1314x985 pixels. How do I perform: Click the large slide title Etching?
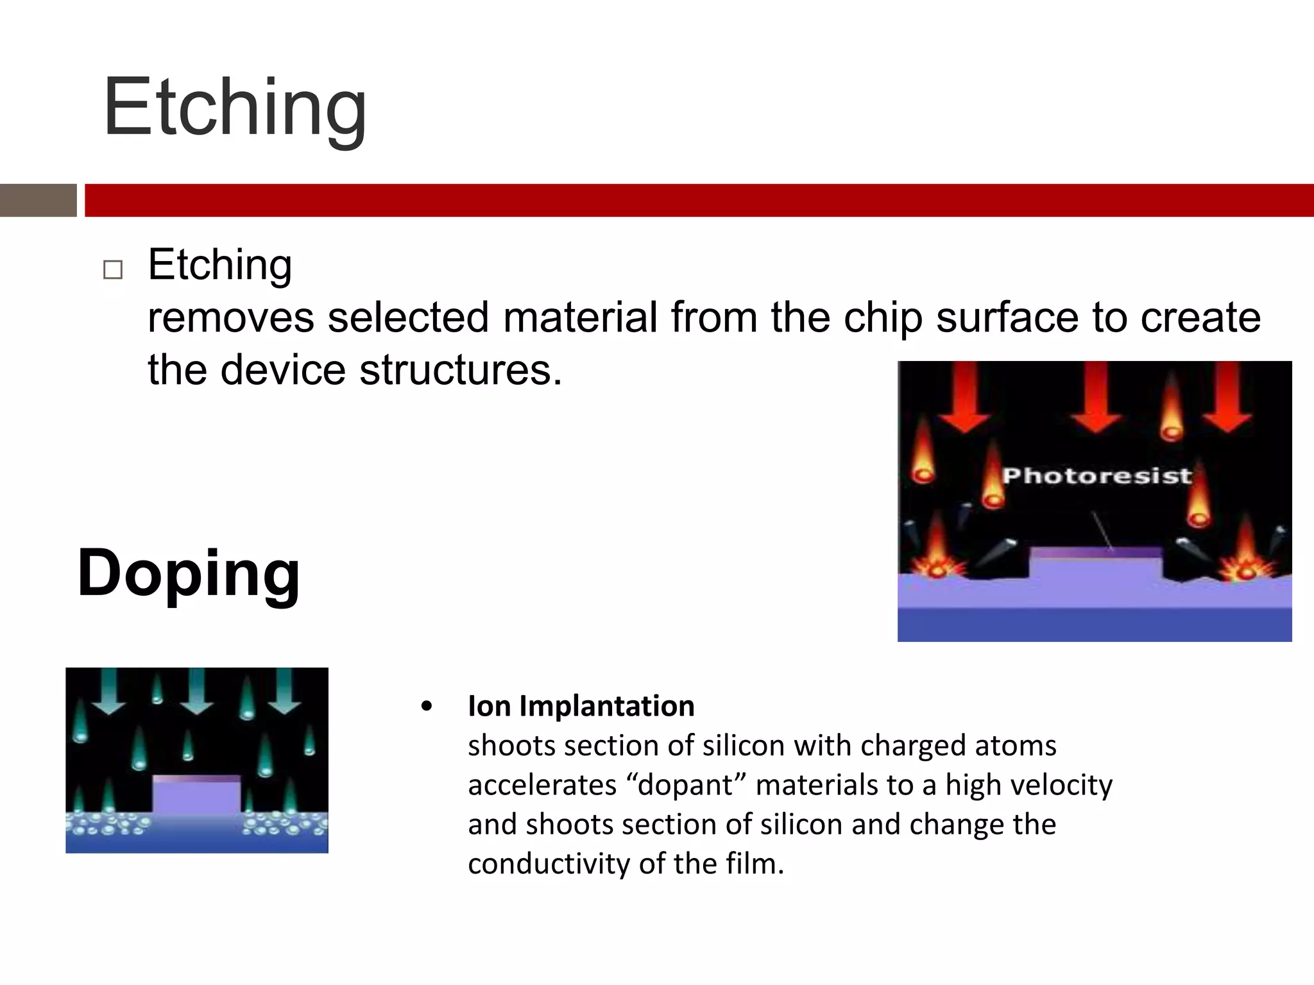tap(235, 108)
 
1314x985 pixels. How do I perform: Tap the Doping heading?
tap(189, 573)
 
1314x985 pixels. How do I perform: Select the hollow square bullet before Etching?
tap(113, 270)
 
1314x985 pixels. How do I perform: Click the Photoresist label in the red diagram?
tap(1096, 476)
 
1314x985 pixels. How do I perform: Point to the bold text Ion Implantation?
tap(581, 706)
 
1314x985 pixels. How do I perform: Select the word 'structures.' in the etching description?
tap(461, 371)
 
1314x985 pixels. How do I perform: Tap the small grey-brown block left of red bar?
tap(38, 200)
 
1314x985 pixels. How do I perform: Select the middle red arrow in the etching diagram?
tap(1096, 398)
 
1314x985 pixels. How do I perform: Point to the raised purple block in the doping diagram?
tap(196, 795)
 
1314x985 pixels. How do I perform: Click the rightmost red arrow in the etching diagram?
tap(1227, 398)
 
